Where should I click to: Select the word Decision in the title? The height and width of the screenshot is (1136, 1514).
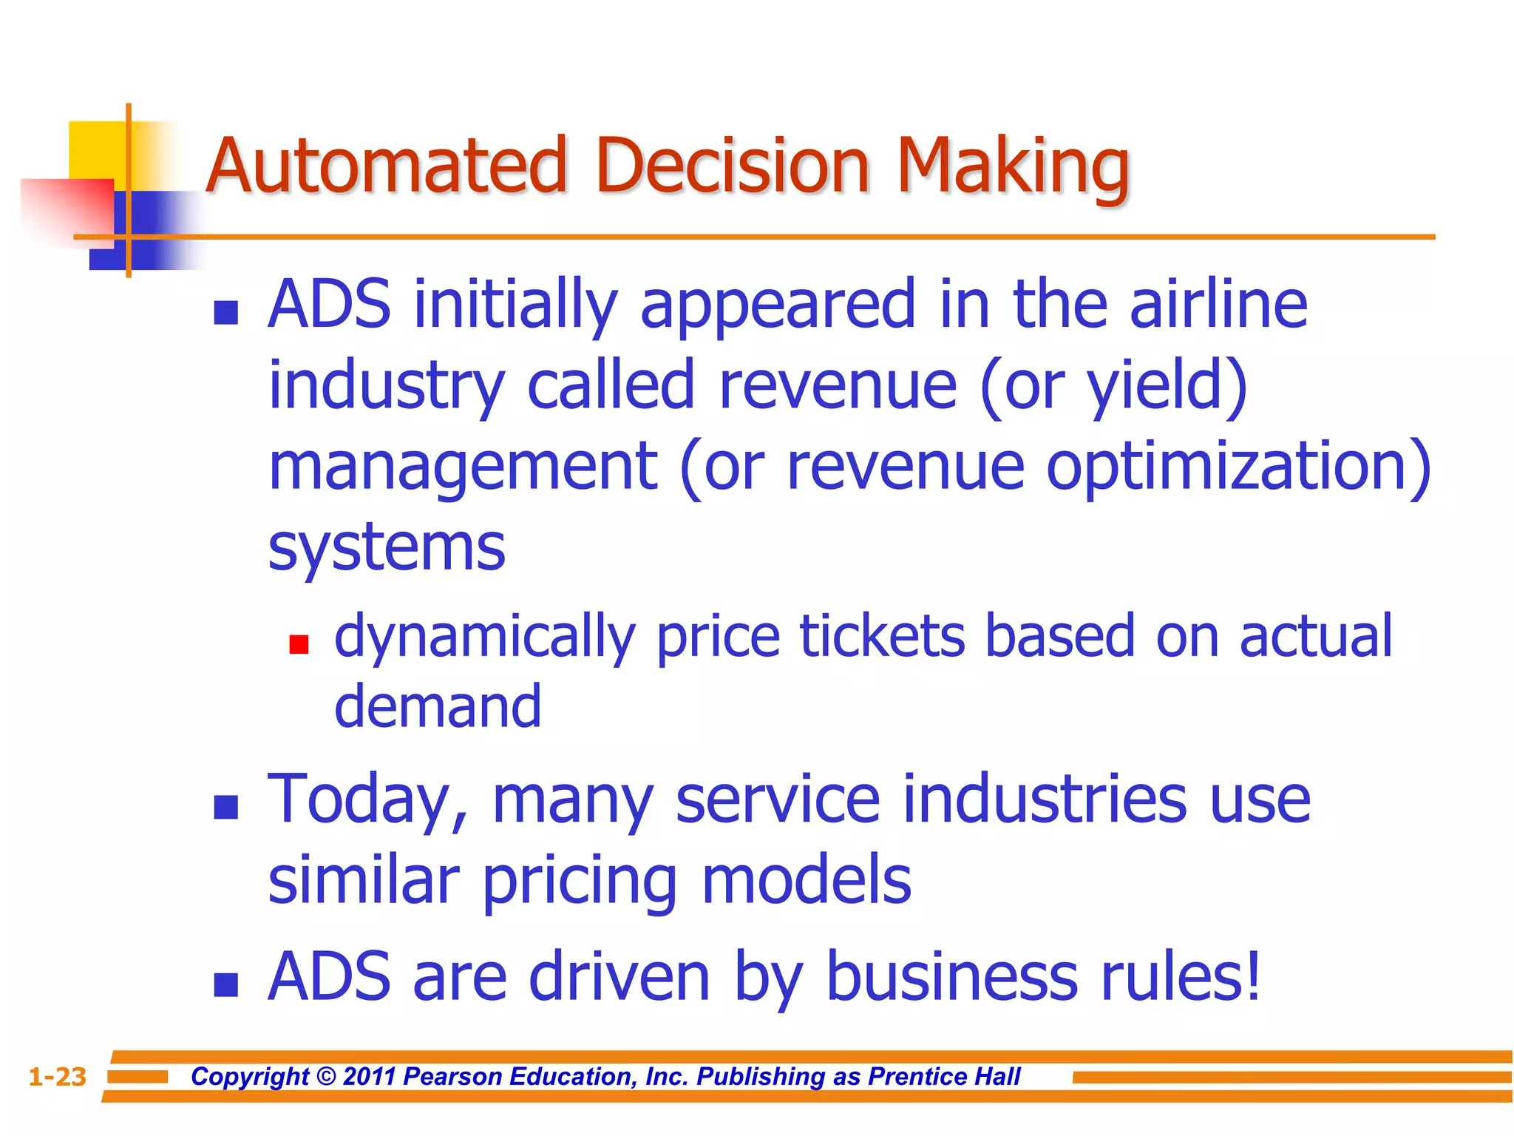[x=733, y=166]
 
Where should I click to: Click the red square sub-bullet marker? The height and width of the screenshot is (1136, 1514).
[x=299, y=644]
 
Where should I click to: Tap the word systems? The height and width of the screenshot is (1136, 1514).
[x=387, y=549]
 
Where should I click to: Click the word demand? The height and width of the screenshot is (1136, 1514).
[x=438, y=706]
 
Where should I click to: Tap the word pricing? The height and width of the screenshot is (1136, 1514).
[x=580, y=882]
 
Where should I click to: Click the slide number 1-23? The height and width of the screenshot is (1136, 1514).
[x=58, y=1077]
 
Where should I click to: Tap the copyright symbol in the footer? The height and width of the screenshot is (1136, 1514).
[x=325, y=1077]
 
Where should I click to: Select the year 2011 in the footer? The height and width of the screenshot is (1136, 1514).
[x=370, y=1077]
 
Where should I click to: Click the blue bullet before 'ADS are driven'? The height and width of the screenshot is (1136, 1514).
[x=225, y=985]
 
